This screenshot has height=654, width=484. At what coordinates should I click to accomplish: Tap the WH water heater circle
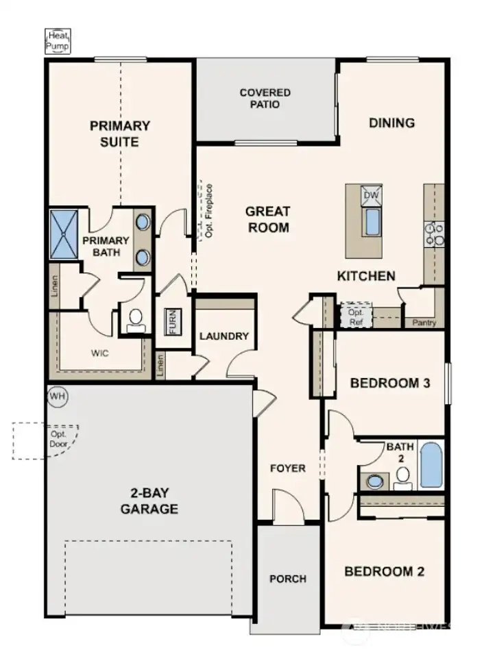coord(57,397)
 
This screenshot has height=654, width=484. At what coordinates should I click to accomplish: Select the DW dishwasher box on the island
coord(371,195)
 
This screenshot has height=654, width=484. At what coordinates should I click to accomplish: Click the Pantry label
coord(424,323)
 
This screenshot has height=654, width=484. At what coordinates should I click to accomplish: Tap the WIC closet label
coord(100,353)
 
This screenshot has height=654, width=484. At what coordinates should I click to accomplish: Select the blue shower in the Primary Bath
coord(64,234)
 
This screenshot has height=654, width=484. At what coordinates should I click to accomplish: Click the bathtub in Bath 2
coord(431,465)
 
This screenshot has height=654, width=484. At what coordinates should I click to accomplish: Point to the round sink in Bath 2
coord(375,480)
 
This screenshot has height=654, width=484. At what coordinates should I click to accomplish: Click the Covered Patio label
coord(265,99)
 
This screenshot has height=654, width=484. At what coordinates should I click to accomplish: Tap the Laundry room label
coord(223,336)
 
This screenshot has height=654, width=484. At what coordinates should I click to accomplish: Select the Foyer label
coord(287,468)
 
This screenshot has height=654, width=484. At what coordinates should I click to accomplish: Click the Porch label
coord(287,579)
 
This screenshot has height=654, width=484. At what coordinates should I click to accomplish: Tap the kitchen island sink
coord(372,222)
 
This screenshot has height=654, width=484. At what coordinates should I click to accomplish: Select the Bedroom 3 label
coord(389,383)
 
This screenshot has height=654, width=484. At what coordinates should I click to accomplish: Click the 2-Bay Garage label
coord(149,501)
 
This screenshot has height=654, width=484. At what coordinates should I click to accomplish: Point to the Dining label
coord(391,123)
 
